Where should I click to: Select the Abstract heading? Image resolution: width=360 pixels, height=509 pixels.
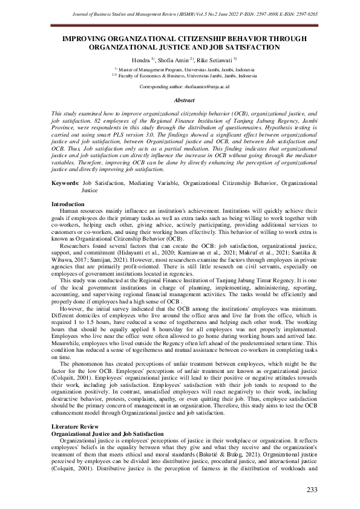[x=184, y=101]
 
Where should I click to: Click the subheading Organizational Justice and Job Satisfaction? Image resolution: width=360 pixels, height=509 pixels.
[x=107, y=434]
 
